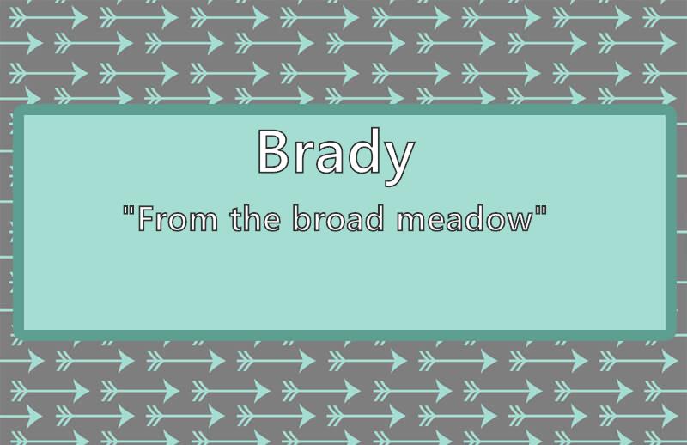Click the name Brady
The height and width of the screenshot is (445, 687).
click(x=336, y=156)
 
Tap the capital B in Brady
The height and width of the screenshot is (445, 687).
click(x=272, y=152)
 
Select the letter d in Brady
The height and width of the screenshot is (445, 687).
click(x=362, y=151)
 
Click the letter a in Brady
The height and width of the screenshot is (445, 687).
click(x=327, y=157)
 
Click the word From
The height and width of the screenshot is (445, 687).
click(x=178, y=218)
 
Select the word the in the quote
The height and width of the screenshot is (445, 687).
click(x=255, y=217)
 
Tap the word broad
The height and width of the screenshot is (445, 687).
click(x=337, y=217)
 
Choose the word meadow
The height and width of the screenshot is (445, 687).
click(x=465, y=218)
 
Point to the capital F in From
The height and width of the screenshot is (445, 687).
click(x=145, y=218)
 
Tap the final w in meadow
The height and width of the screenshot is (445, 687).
click(x=519, y=222)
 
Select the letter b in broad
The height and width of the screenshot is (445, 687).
click(x=301, y=218)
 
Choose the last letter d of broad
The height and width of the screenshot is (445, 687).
click(x=375, y=218)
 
